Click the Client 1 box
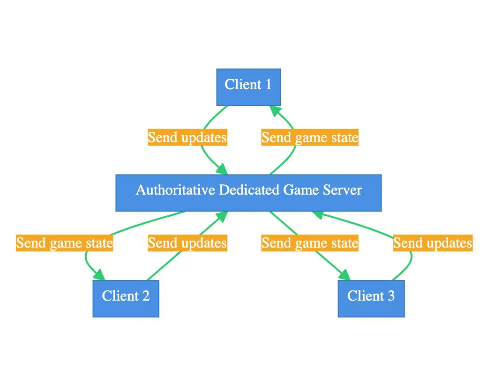[x=248, y=87]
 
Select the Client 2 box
[x=126, y=298]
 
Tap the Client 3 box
[x=371, y=298]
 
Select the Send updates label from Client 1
[x=187, y=138]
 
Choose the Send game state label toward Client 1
[x=310, y=138]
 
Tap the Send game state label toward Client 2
[x=65, y=243]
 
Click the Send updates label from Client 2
[x=187, y=243]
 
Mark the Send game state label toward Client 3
[x=310, y=243]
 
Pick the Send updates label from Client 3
[x=433, y=243]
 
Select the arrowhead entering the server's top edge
[x=222, y=169]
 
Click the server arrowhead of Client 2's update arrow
[x=222, y=216]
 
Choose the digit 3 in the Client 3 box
[x=390, y=296]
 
